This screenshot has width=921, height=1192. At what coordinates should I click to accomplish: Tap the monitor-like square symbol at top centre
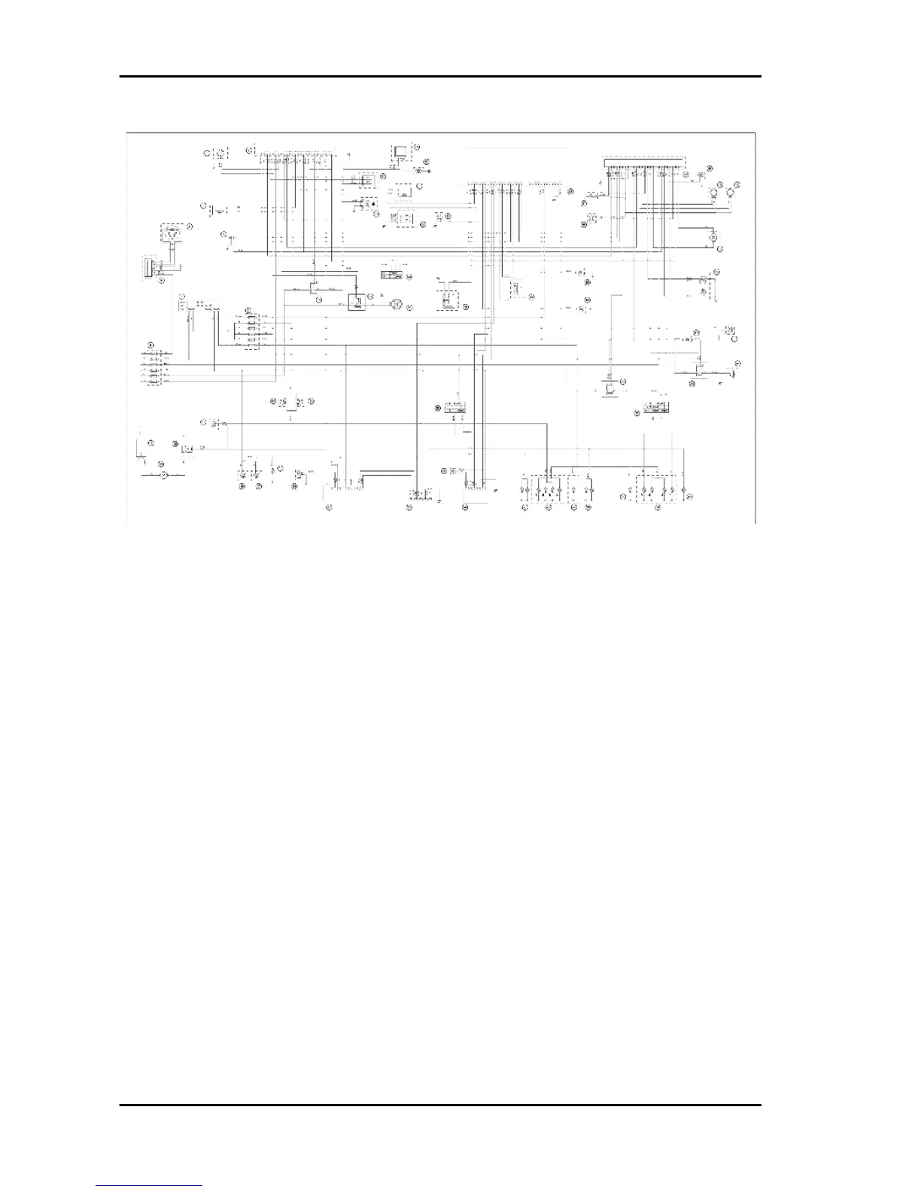point(399,151)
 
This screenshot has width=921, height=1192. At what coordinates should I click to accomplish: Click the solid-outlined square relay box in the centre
point(357,302)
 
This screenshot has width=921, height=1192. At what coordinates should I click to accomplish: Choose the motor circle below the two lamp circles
point(710,236)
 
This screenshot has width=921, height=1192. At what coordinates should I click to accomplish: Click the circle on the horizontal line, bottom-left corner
point(163,476)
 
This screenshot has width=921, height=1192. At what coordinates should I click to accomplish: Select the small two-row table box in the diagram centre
point(392,273)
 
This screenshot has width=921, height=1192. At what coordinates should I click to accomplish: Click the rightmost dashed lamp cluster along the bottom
point(657,488)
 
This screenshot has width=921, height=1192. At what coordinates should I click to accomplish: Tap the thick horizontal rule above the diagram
point(441,76)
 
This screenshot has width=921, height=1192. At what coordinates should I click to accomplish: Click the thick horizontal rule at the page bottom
point(441,1105)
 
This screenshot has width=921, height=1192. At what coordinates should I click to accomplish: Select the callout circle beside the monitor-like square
point(415,147)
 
